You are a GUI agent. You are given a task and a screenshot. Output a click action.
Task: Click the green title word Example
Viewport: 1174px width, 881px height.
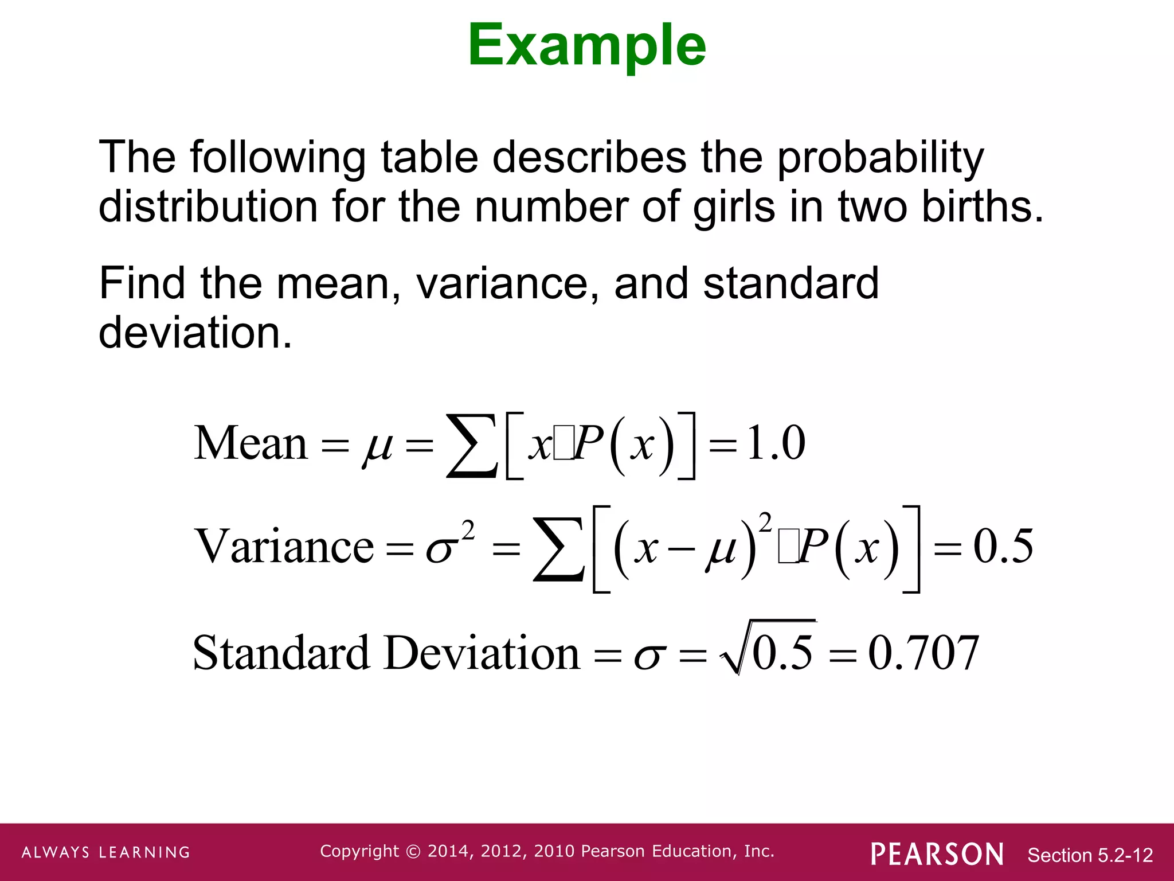(x=586, y=46)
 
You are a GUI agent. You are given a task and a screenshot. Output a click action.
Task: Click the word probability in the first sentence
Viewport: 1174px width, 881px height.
(x=880, y=158)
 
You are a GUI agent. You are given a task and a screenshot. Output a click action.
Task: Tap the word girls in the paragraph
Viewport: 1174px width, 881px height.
(x=734, y=208)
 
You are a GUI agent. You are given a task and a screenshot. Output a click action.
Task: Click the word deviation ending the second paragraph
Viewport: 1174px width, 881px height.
(x=195, y=333)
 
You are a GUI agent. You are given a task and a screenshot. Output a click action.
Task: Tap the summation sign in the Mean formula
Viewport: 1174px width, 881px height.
(x=471, y=447)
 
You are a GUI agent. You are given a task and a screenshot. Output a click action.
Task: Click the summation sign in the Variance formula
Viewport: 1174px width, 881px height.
(x=558, y=549)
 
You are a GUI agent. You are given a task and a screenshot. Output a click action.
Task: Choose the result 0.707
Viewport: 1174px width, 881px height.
(x=923, y=653)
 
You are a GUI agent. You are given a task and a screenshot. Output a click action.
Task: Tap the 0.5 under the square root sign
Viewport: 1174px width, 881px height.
(x=782, y=653)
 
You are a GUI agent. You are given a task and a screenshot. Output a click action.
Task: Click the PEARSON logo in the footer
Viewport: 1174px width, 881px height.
(x=937, y=854)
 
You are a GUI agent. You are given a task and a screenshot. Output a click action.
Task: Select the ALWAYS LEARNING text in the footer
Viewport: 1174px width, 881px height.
(x=106, y=852)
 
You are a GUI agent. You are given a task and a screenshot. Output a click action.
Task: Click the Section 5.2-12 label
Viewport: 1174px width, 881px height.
(x=1090, y=855)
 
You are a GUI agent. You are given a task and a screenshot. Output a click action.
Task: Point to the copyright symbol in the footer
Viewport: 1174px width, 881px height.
(x=413, y=852)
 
